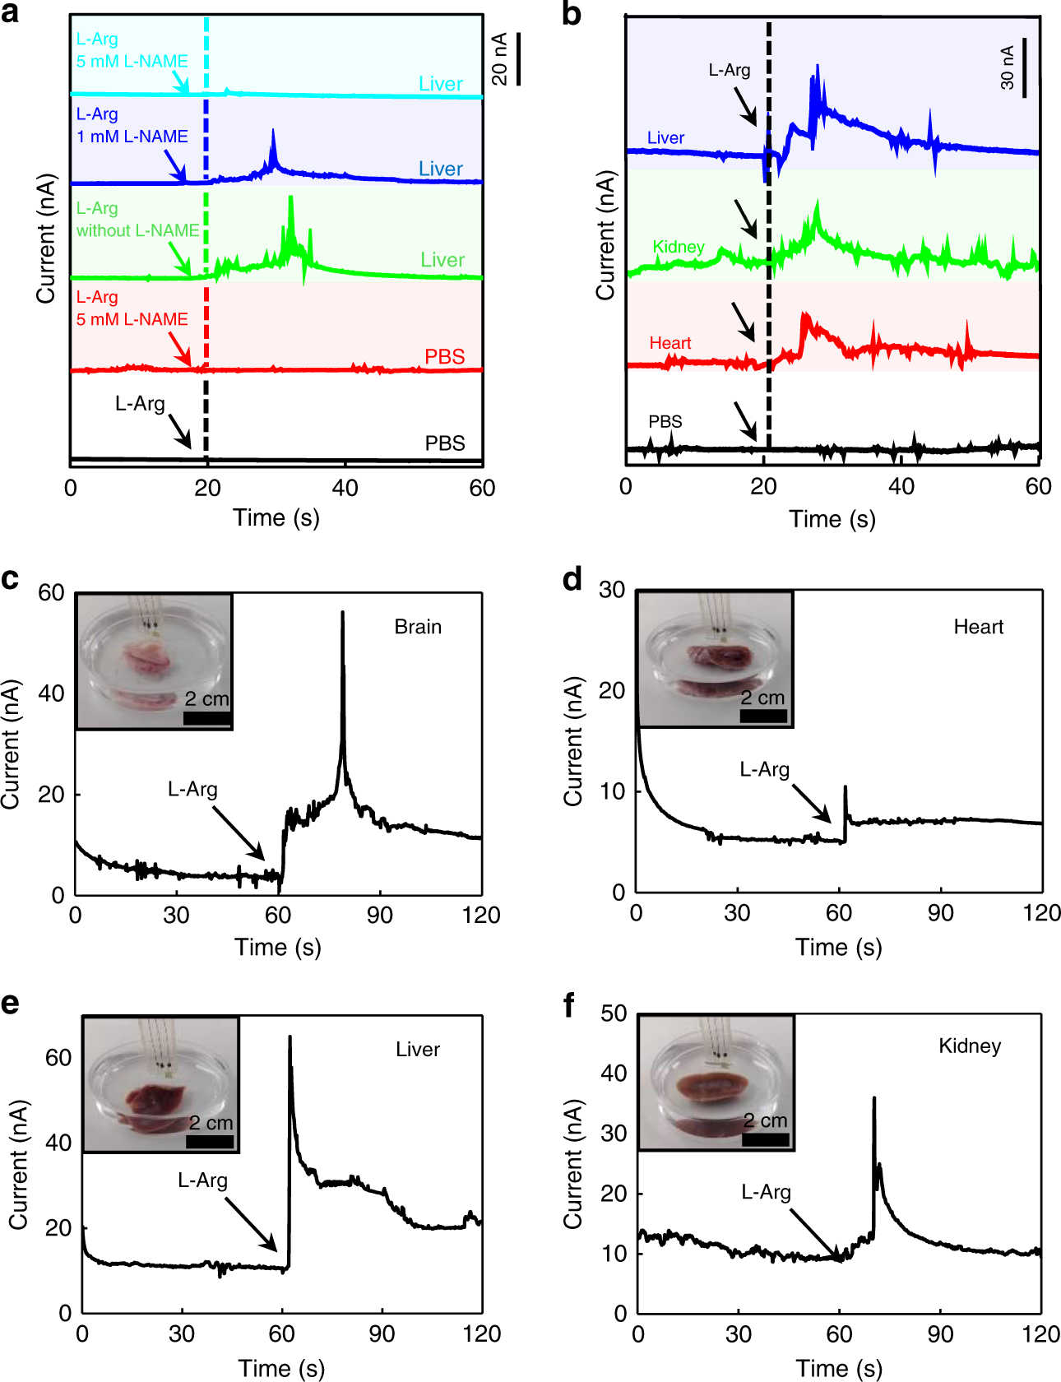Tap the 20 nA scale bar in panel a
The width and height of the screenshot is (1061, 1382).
pyautogui.click(x=518, y=59)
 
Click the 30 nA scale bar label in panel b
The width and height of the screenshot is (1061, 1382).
pyautogui.click(x=1008, y=67)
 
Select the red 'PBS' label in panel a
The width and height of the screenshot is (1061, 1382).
pyautogui.click(x=444, y=356)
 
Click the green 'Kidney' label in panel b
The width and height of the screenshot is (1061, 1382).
pyautogui.click(x=679, y=247)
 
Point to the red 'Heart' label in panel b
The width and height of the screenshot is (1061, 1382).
pyautogui.click(x=670, y=343)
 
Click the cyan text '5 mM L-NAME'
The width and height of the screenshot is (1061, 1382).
pyautogui.click(x=132, y=61)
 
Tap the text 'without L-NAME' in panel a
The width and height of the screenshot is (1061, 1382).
pyautogui.click(x=137, y=230)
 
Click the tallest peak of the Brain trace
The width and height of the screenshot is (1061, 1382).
pyautogui.click(x=342, y=614)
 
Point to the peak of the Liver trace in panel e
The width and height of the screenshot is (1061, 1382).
pyautogui.click(x=290, y=1038)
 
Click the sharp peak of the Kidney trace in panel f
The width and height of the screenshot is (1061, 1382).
pyautogui.click(x=873, y=1099)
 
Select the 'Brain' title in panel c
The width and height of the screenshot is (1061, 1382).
pyautogui.click(x=418, y=627)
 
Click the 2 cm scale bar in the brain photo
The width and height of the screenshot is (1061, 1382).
pyautogui.click(x=206, y=718)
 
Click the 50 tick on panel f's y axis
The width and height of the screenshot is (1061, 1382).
pyautogui.click(x=614, y=1013)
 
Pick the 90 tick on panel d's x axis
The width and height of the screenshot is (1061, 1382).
pyautogui.click(x=940, y=912)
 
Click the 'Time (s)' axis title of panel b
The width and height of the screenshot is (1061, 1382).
pyautogui.click(x=832, y=519)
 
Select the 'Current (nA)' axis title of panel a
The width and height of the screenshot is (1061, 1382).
pyautogui.click(x=46, y=239)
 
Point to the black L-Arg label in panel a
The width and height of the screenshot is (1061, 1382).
pyautogui.click(x=140, y=403)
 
